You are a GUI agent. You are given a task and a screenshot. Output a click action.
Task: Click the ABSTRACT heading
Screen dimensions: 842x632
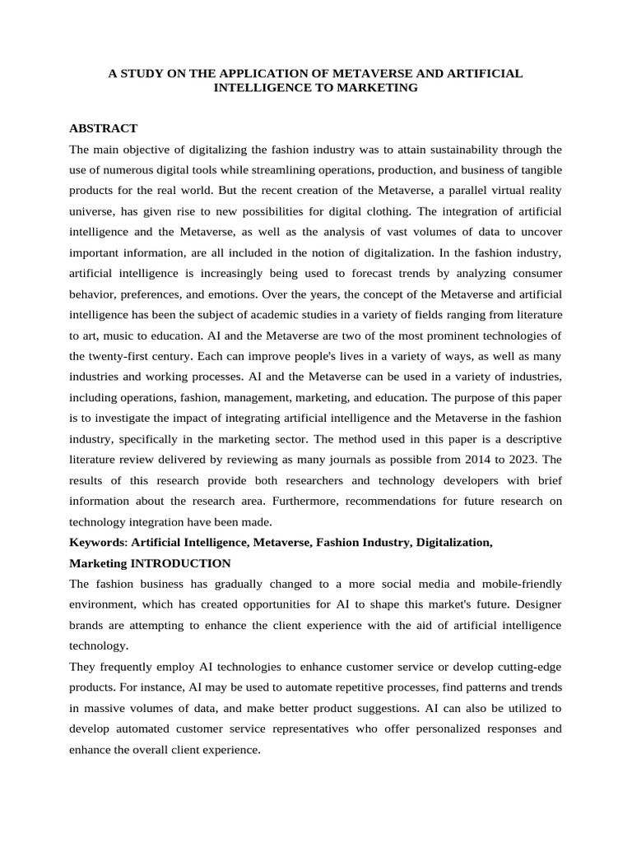(103, 128)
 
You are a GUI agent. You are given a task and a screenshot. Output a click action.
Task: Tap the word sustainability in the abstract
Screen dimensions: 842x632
(440, 150)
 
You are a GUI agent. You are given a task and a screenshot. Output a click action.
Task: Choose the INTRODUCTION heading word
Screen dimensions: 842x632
(180, 564)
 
